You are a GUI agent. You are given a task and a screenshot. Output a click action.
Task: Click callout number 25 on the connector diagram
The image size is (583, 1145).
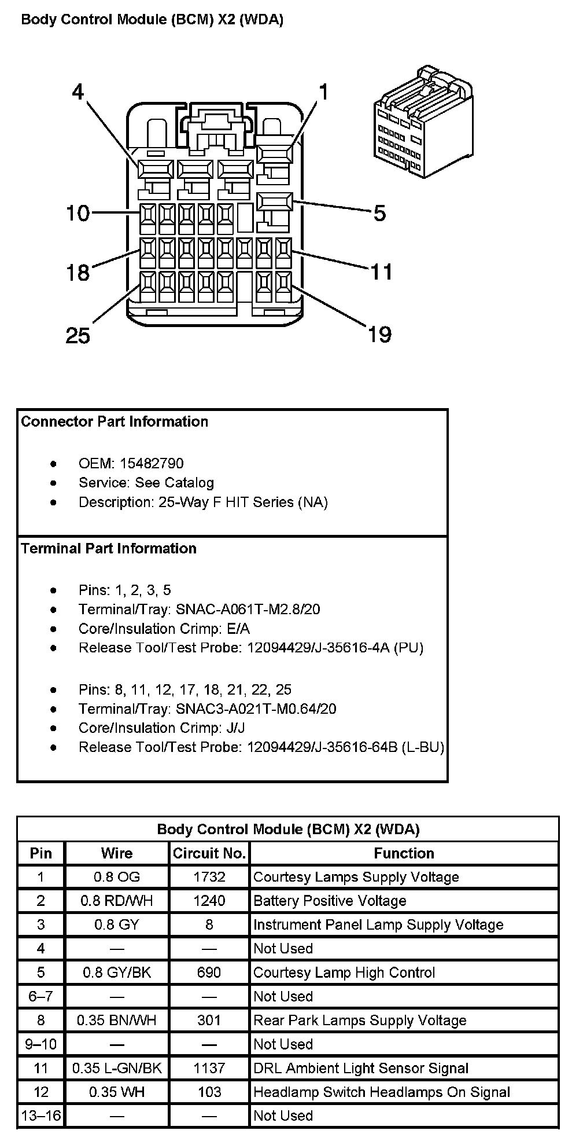(x=78, y=335)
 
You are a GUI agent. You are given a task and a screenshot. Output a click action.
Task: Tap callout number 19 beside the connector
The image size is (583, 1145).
(x=380, y=334)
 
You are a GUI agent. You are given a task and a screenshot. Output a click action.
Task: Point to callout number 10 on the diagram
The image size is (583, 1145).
(x=78, y=214)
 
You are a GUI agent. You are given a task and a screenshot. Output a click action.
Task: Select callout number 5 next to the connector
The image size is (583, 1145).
(x=379, y=214)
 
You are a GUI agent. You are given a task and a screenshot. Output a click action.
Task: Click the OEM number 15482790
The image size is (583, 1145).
(x=152, y=463)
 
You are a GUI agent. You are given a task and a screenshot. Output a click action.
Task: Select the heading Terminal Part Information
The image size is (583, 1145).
(x=109, y=548)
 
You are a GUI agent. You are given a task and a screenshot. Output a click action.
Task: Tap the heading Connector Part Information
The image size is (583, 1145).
(x=115, y=421)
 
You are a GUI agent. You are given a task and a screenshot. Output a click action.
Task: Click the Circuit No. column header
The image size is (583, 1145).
(x=209, y=853)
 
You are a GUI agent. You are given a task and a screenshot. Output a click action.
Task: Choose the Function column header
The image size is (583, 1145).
(x=404, y=853)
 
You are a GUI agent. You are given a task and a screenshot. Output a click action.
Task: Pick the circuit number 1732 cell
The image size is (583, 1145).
(x=209, y=877)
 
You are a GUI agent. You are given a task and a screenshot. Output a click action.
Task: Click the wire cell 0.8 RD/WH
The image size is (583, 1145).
(x=117, y=901)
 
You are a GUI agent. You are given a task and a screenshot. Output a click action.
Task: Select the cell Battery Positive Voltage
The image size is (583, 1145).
(x=330, y=901)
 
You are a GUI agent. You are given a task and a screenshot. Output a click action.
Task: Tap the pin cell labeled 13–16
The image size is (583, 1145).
(x=40, y=1115)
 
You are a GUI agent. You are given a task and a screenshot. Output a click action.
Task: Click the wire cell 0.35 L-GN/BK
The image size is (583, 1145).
(x=117, y=1068)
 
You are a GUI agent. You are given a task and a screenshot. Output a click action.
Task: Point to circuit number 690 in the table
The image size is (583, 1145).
(x=209, y=972)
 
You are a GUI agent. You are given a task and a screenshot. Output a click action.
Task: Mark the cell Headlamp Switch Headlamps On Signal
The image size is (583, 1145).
(x=382, y=1092)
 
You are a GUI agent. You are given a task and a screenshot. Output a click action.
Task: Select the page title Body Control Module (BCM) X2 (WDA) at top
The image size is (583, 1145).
(x=152, y=20)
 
